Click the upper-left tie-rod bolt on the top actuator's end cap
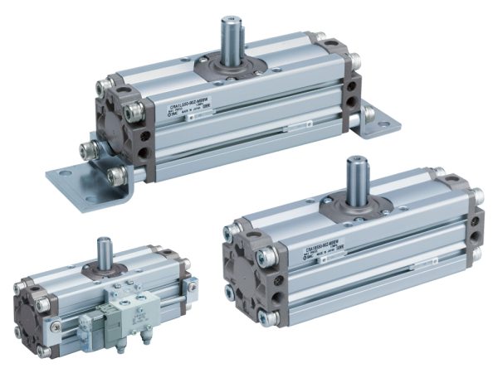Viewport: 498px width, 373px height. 103,88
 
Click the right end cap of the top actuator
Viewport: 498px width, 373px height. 352,83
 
